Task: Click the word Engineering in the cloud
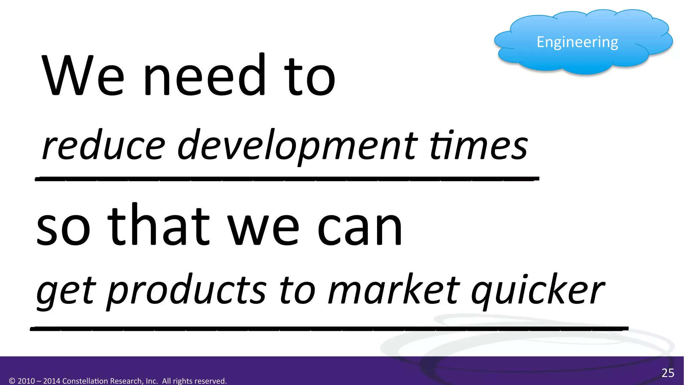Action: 577,42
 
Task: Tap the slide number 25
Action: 668,373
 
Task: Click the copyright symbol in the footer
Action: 12,381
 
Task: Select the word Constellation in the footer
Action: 85,381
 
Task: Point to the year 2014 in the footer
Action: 52,381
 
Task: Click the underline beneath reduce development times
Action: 287,179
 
